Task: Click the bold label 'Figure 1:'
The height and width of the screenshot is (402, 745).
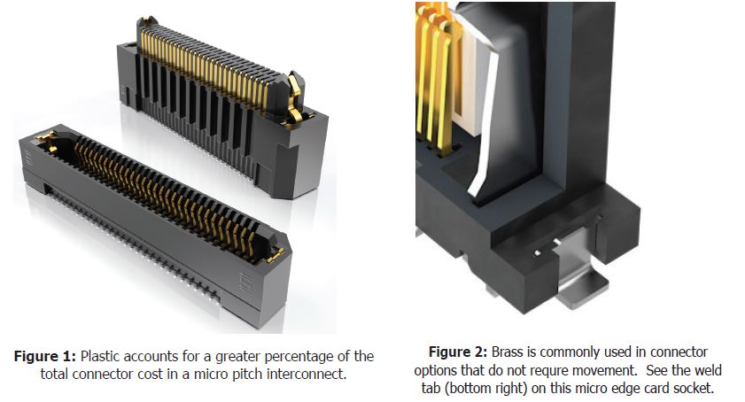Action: (x=44, y=356)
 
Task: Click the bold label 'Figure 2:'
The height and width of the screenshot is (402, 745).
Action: (x=458, y=352)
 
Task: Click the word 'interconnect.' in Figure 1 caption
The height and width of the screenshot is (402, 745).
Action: (x=306, y=374)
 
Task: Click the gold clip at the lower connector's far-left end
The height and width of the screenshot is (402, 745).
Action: (x=47, y=141)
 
